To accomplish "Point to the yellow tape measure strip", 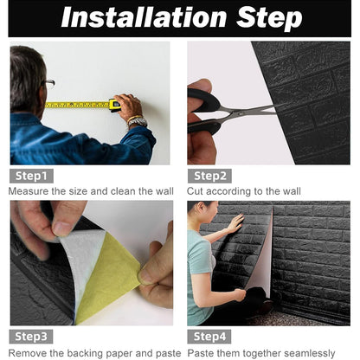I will click(78, 105).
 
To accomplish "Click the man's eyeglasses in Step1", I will click(48, 84).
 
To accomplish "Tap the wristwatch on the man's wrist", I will click(136, 121).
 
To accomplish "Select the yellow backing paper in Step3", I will click(108, 277).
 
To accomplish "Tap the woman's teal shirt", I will click(200, 264).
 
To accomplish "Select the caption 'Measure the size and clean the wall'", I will click(91, 191).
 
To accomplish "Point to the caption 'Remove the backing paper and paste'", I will click(93, 352).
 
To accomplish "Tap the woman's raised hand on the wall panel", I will click(235, 222).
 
